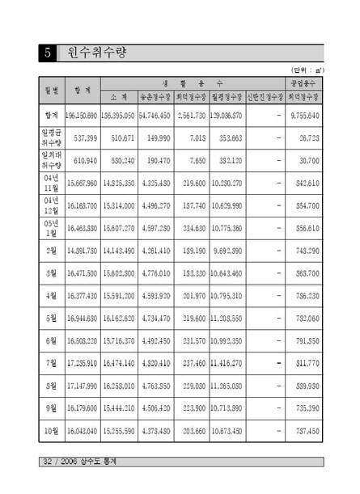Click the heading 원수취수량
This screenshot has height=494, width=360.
click(95, 54)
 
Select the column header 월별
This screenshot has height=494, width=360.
click(50, 89)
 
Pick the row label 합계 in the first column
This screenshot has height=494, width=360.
click(50, 116)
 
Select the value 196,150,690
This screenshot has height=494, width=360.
click(83, 116)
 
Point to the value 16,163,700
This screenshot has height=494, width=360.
click(83, 206)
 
